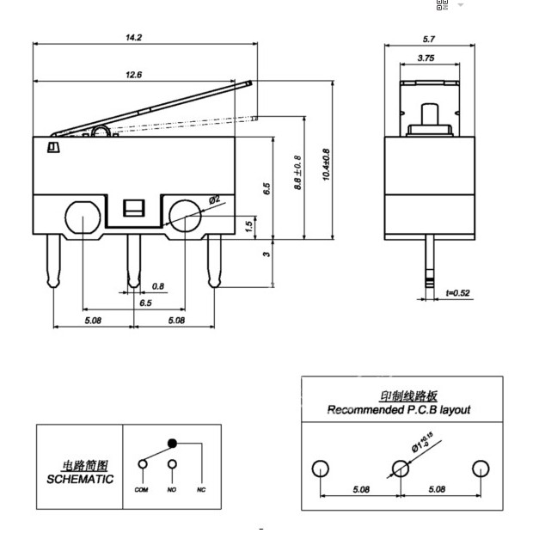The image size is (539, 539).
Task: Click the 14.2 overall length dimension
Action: click(133, 37)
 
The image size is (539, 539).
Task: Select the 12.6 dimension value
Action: click(133, 75)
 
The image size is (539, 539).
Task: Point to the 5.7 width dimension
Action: click(430, 39)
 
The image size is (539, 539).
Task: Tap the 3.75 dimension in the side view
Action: click(425, 58)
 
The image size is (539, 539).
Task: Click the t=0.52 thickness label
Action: click(458, 294)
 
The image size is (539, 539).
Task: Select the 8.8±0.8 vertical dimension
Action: click(297, 170)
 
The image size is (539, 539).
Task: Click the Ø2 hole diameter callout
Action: click(213, 199)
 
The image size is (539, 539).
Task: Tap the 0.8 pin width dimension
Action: click(158, 286)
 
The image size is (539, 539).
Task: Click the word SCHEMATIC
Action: click(80, 479)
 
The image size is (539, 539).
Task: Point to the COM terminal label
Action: click(142, 489)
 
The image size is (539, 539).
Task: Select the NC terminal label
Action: click(201, 489)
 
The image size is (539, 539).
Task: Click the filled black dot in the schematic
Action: click(172, 444)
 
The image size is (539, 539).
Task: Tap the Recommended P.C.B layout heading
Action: click(398, 410)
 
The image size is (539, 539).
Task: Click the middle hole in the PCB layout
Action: click(400, 469)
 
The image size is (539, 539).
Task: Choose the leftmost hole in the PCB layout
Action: click(320, 469)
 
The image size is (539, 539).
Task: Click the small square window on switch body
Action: click(134, 208)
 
